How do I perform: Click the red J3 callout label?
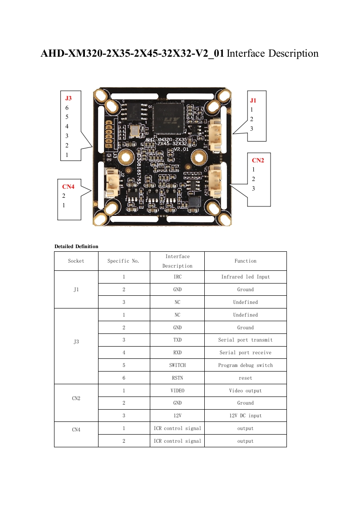tap(68, 98)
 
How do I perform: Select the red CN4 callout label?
tap(68, 186)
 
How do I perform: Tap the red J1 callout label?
tap(253, 100)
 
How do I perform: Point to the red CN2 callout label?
tap(258, 160)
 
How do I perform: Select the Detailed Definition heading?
tap(76, 246)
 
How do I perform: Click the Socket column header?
tap(76, 261)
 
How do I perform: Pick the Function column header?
tap(245, 261)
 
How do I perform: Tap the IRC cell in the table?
tap(177, 277)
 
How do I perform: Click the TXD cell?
tap(177, 340)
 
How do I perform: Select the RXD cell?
tap(177, 352)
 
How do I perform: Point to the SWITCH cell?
tap(177, 365)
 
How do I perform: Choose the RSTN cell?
tap(177, 378)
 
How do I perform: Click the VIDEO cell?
tap(177, 391)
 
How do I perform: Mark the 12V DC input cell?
tap(245, 416)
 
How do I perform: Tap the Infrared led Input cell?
tap(245, 277)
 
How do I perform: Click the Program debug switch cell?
tap(245, 365)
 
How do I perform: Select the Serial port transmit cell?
tap(245, 340)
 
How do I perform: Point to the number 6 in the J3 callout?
tap(67, 108)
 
